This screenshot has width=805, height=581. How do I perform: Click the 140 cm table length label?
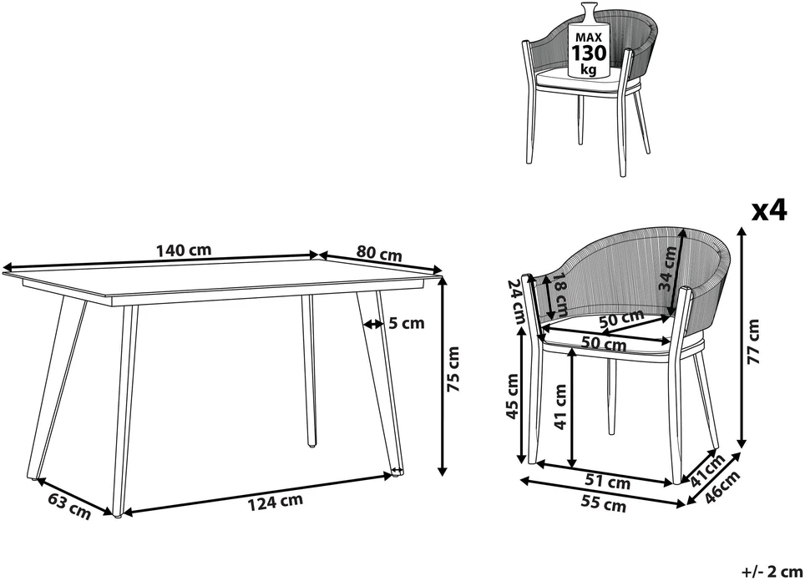click(184, 250)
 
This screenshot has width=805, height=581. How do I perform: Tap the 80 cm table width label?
click(379, 253)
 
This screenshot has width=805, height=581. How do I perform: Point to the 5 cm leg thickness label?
click(407, 323)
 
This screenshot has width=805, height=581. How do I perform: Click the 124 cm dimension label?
click(276, 502)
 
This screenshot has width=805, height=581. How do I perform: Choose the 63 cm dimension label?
click(69, 506)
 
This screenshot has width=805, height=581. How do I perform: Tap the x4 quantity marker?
click(769, 210)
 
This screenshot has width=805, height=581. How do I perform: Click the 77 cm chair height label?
click(753, 341)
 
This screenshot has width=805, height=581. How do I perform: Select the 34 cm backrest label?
click(668, 269)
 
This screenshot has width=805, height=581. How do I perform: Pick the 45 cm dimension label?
click(513, 397)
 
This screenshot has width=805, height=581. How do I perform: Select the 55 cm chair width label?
click(604, 503)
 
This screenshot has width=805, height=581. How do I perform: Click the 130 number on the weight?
click(590, 53)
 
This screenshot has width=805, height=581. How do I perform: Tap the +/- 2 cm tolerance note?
click(772, 571)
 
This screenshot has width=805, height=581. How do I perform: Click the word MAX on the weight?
click(589, 38)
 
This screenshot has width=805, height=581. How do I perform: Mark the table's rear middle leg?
click(308, 370)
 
